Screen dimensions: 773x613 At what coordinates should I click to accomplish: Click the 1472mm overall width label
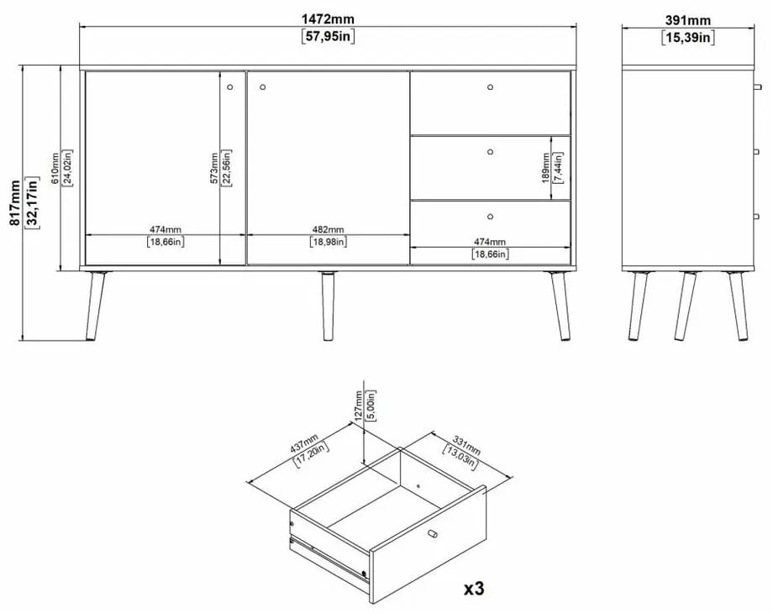click(x=328, y=19)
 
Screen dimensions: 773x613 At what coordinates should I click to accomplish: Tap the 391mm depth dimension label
click(x=688, y=20)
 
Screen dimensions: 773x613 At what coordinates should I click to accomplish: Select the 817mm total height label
click(x=15, y=203)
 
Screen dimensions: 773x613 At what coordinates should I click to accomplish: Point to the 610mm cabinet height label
click(x=55, y=168)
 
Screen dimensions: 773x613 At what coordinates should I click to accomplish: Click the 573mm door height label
click(x=214, y=168)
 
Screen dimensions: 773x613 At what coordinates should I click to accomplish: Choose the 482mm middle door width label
click(x=329, y=229)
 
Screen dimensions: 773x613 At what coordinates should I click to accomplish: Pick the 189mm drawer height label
click(x=546, y=168)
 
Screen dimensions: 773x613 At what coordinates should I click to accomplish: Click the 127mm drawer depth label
click(x=359, y=405)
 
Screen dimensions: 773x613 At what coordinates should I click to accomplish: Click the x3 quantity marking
click(x=474, y=588)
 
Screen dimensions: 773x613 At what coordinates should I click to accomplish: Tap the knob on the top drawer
click(x=490, y=87)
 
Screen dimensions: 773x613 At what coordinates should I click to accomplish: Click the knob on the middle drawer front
click(x=490, y=152)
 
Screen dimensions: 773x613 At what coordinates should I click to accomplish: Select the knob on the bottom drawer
click(x=490, y=217)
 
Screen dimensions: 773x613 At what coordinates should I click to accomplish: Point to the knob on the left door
click(x=230, y=87)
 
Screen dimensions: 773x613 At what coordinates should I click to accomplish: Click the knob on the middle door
click(x=263, y=87)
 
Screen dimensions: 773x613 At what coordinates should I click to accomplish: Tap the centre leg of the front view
click(x=328, y=306)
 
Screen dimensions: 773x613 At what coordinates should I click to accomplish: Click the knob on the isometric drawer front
click(x=433, y=534)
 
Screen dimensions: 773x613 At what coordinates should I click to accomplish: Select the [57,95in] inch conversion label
click(x=328, y=36)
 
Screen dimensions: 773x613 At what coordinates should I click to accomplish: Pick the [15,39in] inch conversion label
click(x=688, y=38)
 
